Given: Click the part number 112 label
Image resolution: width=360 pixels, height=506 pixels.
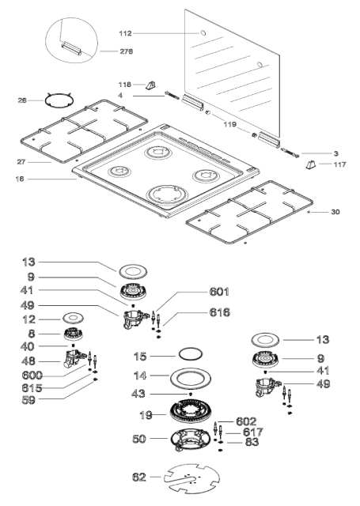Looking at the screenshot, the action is (125, 33).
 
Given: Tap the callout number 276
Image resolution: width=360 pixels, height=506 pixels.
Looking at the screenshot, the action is (127, 51).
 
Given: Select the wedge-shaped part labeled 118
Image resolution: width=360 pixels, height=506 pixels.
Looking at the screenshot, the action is (150, 85).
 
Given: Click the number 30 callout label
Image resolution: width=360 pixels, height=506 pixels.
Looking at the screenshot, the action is (335, 212).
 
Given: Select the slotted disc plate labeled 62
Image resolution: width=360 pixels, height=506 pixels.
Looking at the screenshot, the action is (191, 479).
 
